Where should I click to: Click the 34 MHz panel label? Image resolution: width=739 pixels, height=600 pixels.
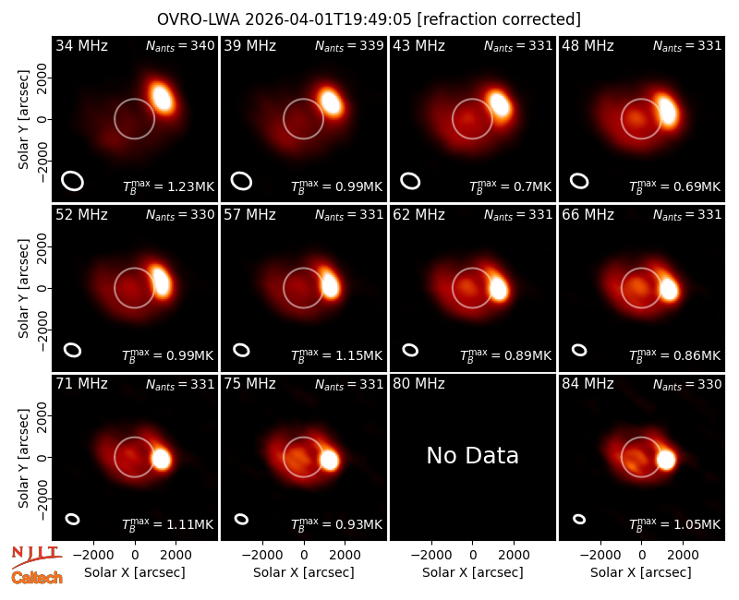(x=81, y=45)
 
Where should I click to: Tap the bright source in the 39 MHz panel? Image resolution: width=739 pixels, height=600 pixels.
(x=331, y=102)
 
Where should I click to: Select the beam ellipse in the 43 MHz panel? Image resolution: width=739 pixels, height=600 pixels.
(x=410, y=181)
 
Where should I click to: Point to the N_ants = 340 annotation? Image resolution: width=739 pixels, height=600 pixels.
(x=180, y=45)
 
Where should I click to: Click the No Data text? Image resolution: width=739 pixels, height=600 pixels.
(x=472, y=455)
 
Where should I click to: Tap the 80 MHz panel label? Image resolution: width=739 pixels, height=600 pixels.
(x=418, y=383)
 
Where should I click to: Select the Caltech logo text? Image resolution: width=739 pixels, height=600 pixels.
(x=37, y=578)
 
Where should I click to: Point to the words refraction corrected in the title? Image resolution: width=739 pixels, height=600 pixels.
(x=499, y=19)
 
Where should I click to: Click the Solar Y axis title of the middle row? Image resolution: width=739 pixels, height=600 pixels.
(x=23, y=288)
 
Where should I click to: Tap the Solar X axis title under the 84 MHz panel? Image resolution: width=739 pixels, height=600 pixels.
(x=641, y=572)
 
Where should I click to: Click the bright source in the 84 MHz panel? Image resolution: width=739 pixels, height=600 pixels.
(x=666, y=459)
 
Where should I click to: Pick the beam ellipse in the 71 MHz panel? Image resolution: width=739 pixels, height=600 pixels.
(x=72, y=519)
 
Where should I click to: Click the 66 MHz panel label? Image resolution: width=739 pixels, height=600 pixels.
(x=588, y=215)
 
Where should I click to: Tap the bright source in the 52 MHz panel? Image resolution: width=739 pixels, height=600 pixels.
(x=161, y=282)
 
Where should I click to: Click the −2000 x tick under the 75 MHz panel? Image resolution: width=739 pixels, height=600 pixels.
(x=262, y=555)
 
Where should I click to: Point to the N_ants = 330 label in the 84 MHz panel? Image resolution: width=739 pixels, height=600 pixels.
(x=687, y=384)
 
